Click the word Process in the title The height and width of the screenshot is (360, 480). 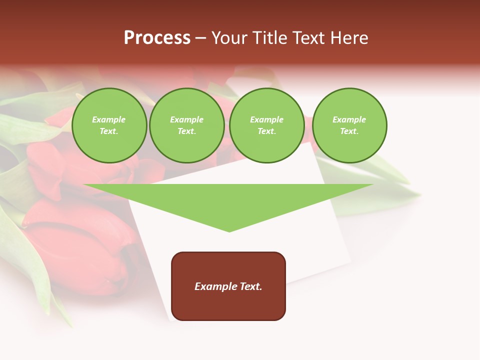click(157, 38)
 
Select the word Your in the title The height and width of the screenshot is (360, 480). click(230, 38)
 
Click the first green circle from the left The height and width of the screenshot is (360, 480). click(109, 125)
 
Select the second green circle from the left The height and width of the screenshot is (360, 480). click(187, 125)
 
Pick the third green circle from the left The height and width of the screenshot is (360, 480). click(267, 125)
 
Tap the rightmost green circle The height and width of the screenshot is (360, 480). click(349, 125)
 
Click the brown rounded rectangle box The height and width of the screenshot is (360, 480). click(228, 300)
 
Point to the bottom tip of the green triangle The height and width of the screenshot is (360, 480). click(229, 231)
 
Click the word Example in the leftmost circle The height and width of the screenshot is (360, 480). click(109, 119)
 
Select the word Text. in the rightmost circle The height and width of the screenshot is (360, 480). click(349, 131)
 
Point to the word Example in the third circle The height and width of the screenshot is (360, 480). click(267, 119)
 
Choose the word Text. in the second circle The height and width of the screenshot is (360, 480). click(187, 131)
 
